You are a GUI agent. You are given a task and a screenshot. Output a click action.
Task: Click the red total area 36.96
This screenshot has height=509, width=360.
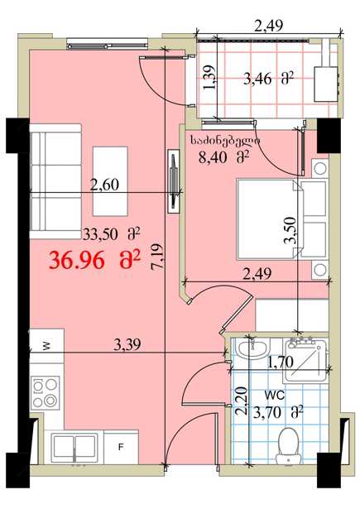tap(77, 261)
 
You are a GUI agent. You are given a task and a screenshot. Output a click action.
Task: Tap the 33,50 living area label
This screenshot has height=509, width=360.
tap(99, 234)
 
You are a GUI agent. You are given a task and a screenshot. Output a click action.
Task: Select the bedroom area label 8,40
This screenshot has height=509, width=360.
tap(213, 158)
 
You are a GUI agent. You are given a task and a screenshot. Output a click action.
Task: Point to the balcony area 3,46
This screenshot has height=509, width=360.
tap(257, 79)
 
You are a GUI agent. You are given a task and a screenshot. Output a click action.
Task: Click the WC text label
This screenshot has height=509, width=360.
tap(275, 396)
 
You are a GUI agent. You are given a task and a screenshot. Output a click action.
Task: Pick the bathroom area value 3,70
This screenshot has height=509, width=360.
tap(266, 413)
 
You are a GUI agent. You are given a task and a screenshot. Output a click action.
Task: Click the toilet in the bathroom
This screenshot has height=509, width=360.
tap(289, 445)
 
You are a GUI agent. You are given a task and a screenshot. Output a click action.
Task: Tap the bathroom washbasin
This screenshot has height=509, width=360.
tap(253, 348)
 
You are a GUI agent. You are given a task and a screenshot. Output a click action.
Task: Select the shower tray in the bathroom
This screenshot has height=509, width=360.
tap(305, 359)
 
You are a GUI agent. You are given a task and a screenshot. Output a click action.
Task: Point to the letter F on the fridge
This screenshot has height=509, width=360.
tap(121, 447)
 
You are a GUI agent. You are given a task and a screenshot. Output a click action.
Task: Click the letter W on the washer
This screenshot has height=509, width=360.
tap(46, 346)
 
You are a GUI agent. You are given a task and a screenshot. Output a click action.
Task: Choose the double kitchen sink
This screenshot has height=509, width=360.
tap(75, 447)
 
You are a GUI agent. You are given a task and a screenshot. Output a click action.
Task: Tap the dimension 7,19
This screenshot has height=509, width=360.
tap(158, 257)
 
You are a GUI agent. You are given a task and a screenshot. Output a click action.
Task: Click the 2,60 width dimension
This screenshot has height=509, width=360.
tap(104, 185)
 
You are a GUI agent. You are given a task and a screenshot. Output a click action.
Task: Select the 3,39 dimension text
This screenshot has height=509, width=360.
tap(127, 344)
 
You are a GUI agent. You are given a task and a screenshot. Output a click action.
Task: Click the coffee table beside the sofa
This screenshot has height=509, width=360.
tap(110, 181)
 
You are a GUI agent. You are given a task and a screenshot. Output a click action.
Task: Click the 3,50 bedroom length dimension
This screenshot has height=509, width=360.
tap(290, 230)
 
